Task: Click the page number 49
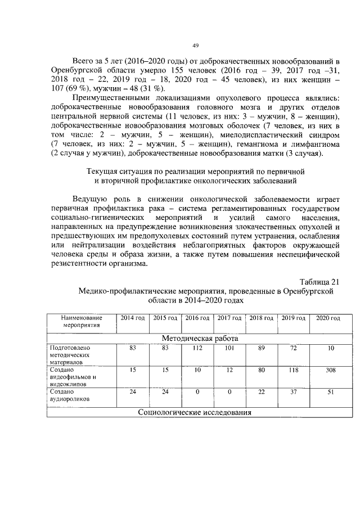click(196, 46)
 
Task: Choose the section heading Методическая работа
click(200, 339)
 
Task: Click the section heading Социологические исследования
click(195, 412)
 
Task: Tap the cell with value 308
click(330, 370)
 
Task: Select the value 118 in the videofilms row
click(293, 370)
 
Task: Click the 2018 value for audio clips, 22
click(261, 391)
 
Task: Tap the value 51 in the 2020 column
click(330, 391)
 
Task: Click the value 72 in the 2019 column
click(293, 348)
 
